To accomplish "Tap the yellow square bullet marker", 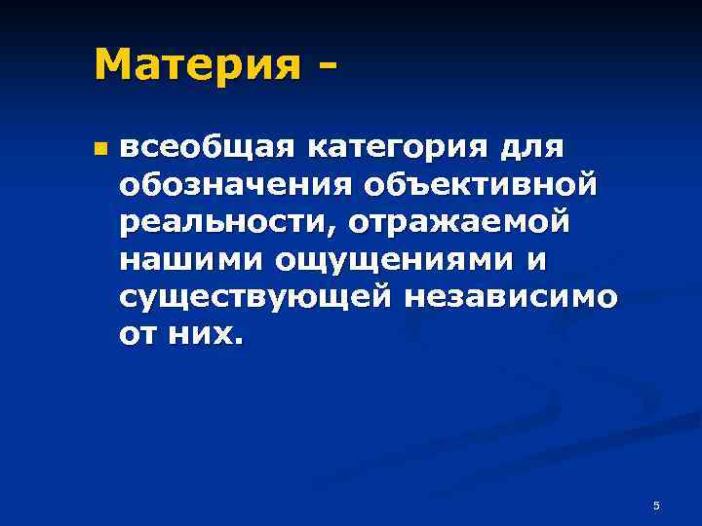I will point(98,151).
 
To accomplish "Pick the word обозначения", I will point(234,186).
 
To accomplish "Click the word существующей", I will point(253,298).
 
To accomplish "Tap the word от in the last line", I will point(136,335).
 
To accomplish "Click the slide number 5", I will point(656,506).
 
